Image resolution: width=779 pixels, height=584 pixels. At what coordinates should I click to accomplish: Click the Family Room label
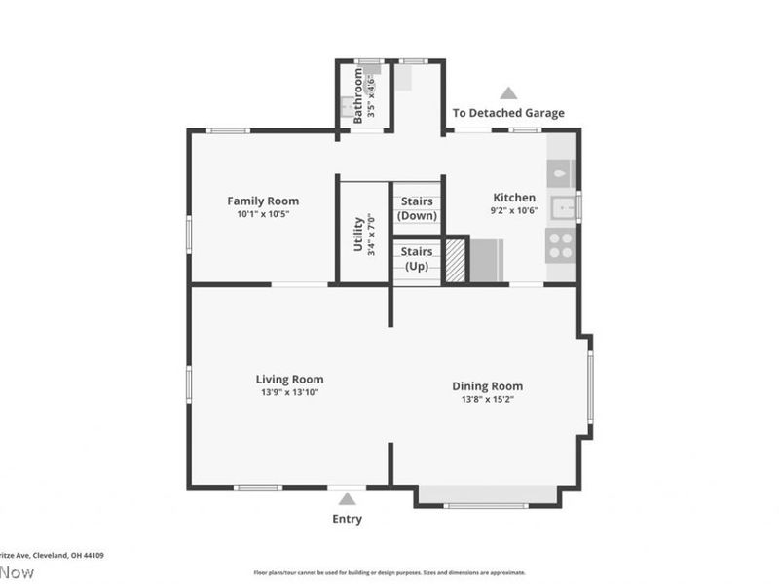263,201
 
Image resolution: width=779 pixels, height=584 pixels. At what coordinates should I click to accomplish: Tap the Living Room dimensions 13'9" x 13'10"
289,392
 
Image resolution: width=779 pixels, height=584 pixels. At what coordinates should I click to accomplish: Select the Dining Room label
487,385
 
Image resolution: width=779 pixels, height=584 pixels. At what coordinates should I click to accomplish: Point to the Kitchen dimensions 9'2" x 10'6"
513,210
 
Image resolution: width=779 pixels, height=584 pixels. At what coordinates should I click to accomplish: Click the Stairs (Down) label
418,208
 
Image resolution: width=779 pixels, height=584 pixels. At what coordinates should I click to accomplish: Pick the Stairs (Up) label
417,259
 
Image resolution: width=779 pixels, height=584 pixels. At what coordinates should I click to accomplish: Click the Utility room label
358,234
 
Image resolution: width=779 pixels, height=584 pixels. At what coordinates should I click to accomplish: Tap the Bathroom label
358,94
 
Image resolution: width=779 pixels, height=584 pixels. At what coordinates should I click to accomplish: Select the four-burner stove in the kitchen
561,244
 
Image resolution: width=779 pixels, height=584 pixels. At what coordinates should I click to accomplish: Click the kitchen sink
562,207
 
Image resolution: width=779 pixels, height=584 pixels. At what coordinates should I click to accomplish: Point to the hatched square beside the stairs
456,261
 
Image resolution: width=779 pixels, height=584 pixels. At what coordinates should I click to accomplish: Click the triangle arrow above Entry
347,498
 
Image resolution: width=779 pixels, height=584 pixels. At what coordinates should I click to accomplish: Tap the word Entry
347,519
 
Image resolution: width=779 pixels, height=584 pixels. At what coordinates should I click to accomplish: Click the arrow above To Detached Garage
508,93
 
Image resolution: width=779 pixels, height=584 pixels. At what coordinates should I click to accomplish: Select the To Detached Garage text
508,113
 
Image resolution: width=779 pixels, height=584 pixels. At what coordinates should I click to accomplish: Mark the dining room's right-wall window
589,386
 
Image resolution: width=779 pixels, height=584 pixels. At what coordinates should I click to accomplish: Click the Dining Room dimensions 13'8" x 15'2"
487,399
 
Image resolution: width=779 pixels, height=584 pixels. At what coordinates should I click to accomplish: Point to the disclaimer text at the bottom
389,572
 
